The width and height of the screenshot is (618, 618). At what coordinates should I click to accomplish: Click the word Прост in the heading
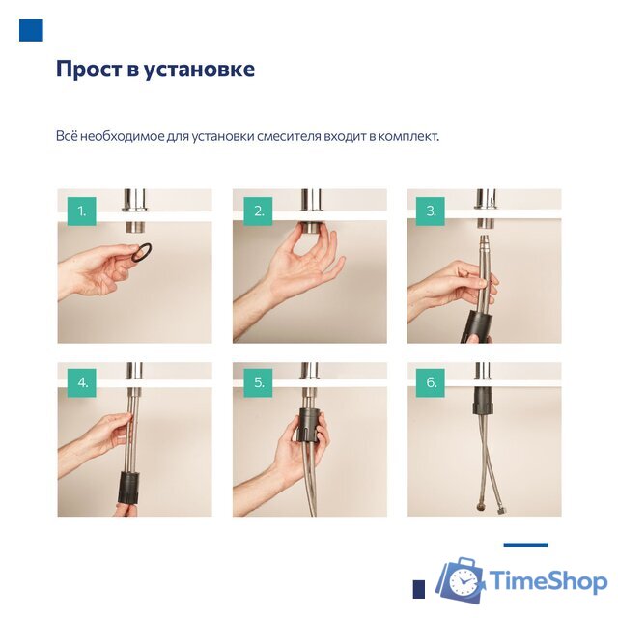87,70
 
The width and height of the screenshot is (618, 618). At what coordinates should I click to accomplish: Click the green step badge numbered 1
82,211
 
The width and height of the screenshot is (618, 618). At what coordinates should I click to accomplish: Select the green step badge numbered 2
258,211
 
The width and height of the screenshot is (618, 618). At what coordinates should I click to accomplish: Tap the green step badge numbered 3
431,211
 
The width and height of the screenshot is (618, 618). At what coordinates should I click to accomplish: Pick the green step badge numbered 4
82,382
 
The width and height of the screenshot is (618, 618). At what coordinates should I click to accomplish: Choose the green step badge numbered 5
258,382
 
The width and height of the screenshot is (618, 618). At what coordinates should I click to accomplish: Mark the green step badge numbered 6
431,382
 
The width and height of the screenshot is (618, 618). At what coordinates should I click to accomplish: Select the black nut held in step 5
306,429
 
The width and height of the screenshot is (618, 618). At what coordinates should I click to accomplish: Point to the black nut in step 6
482,400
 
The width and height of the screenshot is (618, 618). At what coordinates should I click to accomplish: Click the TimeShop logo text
547,581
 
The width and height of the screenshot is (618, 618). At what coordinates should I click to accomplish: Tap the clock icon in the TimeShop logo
465,582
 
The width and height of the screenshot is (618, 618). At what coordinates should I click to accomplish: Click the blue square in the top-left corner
31,30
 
